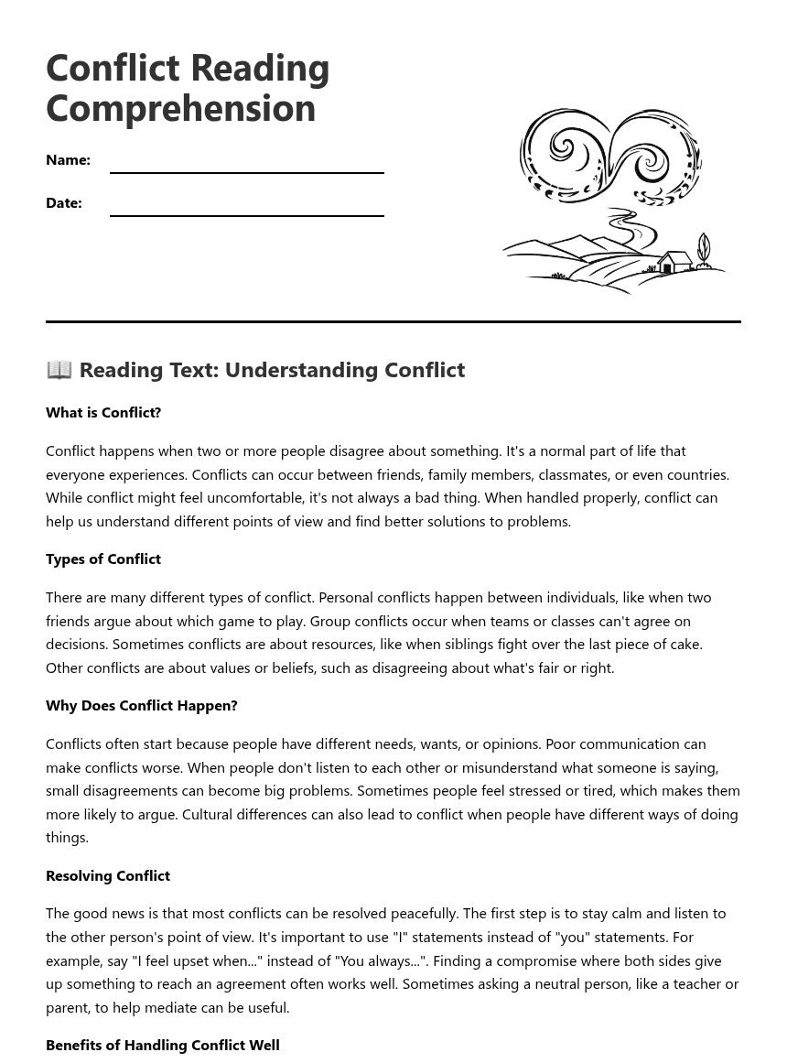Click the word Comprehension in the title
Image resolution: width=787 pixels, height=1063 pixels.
click(x=180, y=108)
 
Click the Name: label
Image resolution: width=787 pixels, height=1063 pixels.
click(x=68, y=159)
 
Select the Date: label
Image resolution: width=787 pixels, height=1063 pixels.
click(x=64, y=202)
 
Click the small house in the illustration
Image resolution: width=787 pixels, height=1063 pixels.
click(x=674, y=262)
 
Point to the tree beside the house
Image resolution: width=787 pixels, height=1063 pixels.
click(x=703, y=250)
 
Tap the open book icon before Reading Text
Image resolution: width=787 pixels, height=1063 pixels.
click(x=59, y=369)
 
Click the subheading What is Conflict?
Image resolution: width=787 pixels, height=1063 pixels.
click(x=103, y=412)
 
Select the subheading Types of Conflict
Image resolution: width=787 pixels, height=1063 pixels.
click(x=103, y=559)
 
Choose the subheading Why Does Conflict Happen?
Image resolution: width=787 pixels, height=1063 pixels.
click(x=142, y=705)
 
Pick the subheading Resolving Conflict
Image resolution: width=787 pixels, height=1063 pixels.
click(x=108, y=875)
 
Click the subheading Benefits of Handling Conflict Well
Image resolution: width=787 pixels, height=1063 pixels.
click(x=163, y=1045)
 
